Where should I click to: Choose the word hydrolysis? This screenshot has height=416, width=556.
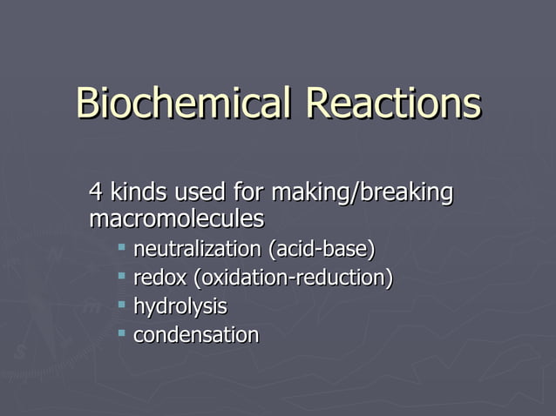click(x=180, y=307)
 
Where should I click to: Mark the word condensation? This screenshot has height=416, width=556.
click(x=195, y=335)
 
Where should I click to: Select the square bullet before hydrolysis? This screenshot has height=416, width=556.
click(x=122, y=305)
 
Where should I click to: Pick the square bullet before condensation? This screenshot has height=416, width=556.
click(x=122, y=333)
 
